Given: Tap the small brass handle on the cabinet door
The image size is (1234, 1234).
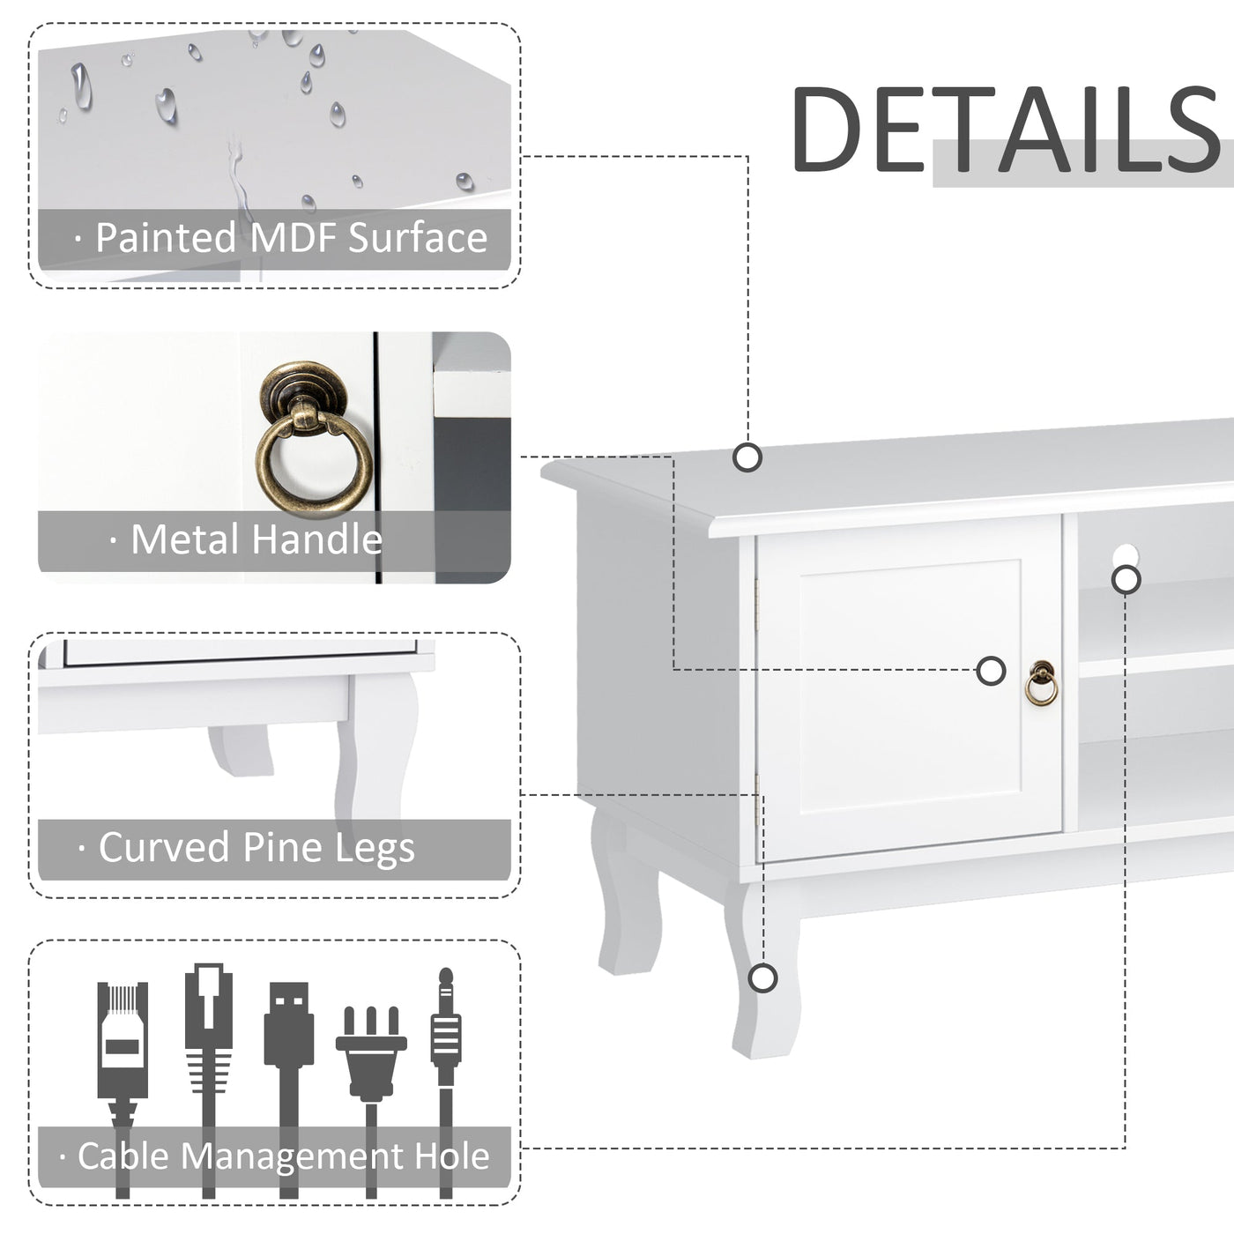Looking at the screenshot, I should click(1041, 684).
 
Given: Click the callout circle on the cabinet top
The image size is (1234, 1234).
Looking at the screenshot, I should click(747, 457).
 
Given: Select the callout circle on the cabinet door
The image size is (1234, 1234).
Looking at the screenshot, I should click(992, 671).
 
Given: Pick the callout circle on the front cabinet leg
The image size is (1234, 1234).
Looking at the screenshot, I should click(763, 978).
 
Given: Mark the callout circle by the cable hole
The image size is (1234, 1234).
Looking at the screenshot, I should click(1126, 580).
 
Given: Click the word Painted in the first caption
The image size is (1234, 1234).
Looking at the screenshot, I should click(166, 238).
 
